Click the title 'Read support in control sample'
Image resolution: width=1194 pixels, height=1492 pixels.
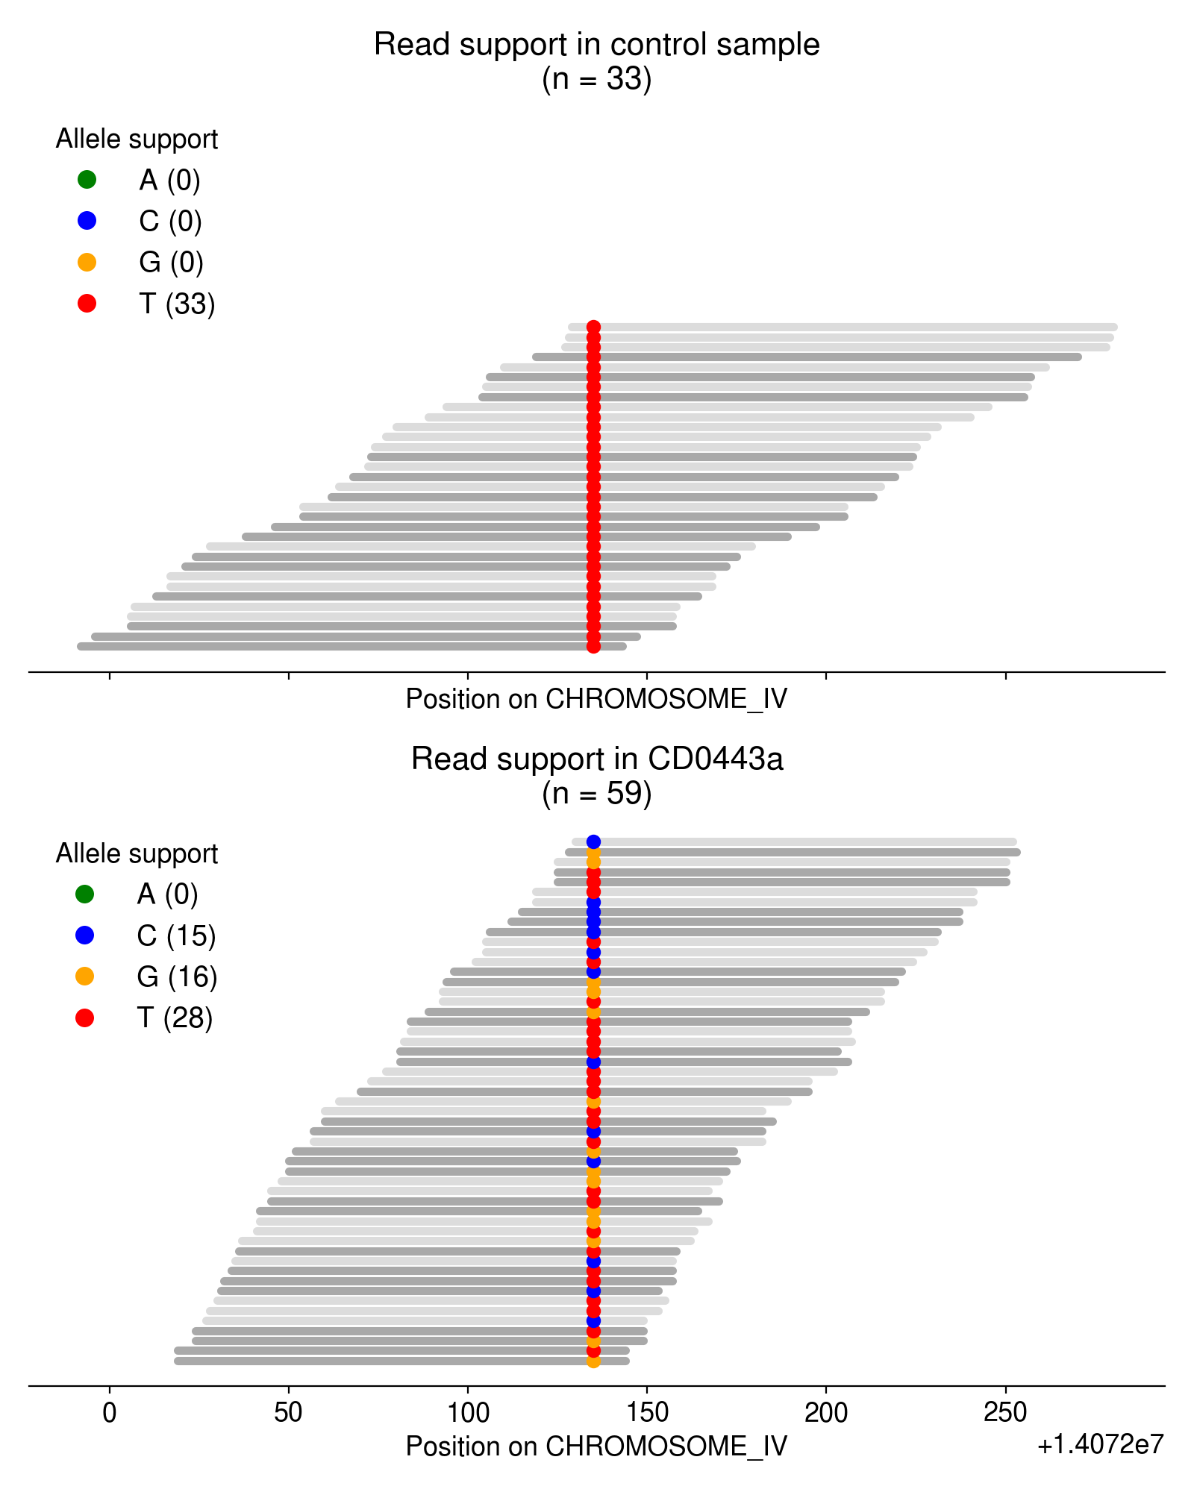(x=596, y=45)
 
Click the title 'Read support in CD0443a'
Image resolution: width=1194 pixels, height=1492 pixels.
(x=596, y=759)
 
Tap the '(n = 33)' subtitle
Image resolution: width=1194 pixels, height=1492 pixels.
(x=596, y=78)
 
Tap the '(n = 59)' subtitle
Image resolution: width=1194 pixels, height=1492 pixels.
(x=596, y=793)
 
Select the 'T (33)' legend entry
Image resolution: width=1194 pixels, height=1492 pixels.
(x=177, y=304)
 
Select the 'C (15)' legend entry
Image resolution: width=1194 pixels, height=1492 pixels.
(x=176, y=935)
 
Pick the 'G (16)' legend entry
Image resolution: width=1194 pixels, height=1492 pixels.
(x=177, y=977)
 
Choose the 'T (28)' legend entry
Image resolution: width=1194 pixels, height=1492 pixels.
(x=175, y=1018)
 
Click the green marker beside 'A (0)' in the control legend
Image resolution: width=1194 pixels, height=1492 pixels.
(x=87, y=179)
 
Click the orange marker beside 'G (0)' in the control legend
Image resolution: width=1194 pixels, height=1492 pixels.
(x=87, y=262)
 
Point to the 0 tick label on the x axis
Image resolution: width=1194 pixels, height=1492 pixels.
(x=110, y=1412)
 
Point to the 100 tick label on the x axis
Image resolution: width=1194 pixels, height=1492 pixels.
(x=468, y=1412)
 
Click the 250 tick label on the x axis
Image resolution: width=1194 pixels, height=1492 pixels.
(x=1005, y=1412)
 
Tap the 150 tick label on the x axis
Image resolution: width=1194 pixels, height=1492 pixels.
(x=647, y=1412)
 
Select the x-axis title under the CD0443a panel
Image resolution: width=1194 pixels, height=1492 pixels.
(x=596, y=1446)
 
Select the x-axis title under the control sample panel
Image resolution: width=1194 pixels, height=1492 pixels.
(x=596, y=699)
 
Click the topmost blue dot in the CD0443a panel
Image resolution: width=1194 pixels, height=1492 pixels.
(x=593, y=842)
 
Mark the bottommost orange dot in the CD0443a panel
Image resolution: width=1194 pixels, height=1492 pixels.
(x=593, y=1361)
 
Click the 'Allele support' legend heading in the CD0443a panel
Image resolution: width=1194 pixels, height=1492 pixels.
(x=137, y=853)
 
